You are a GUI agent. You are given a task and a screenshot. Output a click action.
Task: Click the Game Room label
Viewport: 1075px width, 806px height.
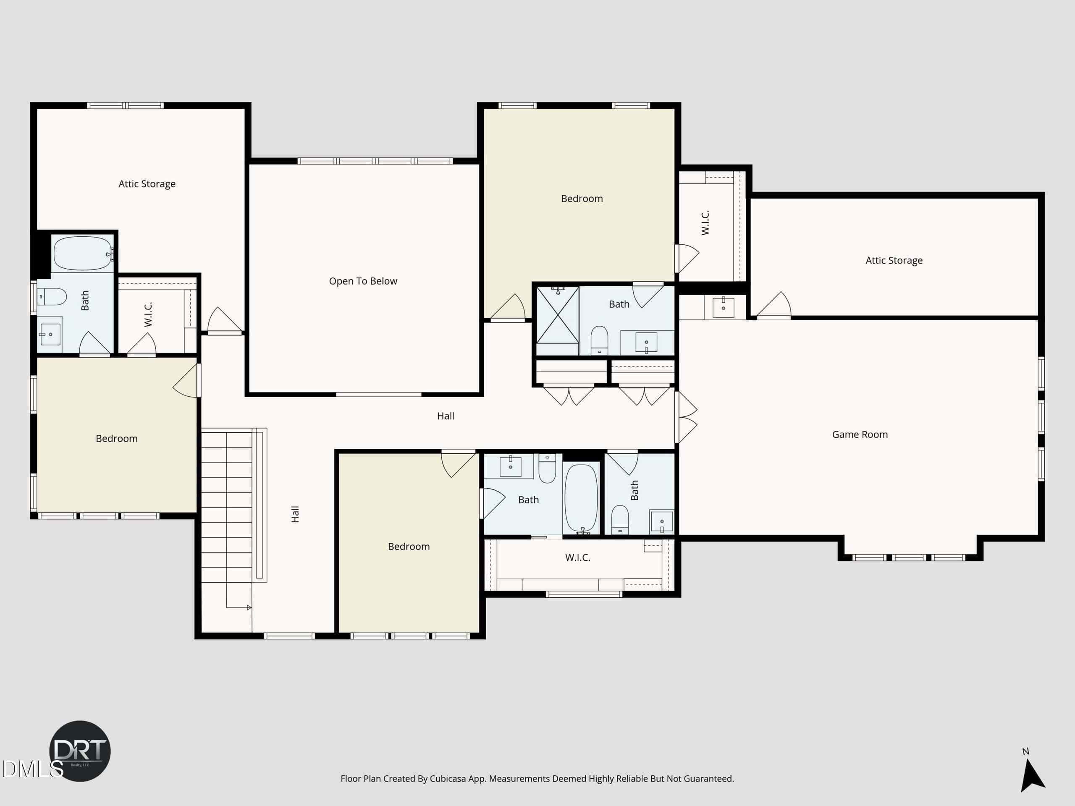point(860,434)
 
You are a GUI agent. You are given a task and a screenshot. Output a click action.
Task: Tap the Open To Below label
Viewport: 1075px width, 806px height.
point(363,281)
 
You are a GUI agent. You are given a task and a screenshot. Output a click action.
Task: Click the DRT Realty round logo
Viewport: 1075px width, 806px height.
point(80,751)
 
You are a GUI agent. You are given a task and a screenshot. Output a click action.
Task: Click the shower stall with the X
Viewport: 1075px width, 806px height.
point(557,315)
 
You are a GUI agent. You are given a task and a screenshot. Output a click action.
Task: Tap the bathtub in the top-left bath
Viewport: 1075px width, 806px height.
point(83,253)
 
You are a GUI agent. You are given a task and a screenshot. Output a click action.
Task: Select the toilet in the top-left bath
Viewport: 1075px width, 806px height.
point(52,296)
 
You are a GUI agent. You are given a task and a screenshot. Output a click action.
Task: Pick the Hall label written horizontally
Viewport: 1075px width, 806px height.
point(445,416)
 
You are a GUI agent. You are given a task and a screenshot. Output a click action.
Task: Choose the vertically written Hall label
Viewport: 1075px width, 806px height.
point(295,514)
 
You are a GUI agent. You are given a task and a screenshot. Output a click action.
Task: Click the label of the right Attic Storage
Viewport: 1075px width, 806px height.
point(894,260)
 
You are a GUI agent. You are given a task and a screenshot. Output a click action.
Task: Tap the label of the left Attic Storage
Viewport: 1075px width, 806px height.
point(147,183)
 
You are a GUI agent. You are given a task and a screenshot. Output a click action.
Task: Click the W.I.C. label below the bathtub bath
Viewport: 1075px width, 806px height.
point(577,557)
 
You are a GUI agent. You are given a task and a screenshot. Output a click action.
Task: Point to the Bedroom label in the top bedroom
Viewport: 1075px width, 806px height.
point(582,198)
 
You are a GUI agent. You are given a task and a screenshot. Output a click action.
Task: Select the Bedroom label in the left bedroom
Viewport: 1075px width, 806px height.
point(117,438)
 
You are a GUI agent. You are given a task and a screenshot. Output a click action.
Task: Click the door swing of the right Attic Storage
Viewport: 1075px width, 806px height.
point(773,305)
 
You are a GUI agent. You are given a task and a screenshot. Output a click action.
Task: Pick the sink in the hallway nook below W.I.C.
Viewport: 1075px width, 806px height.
point(723,307)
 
